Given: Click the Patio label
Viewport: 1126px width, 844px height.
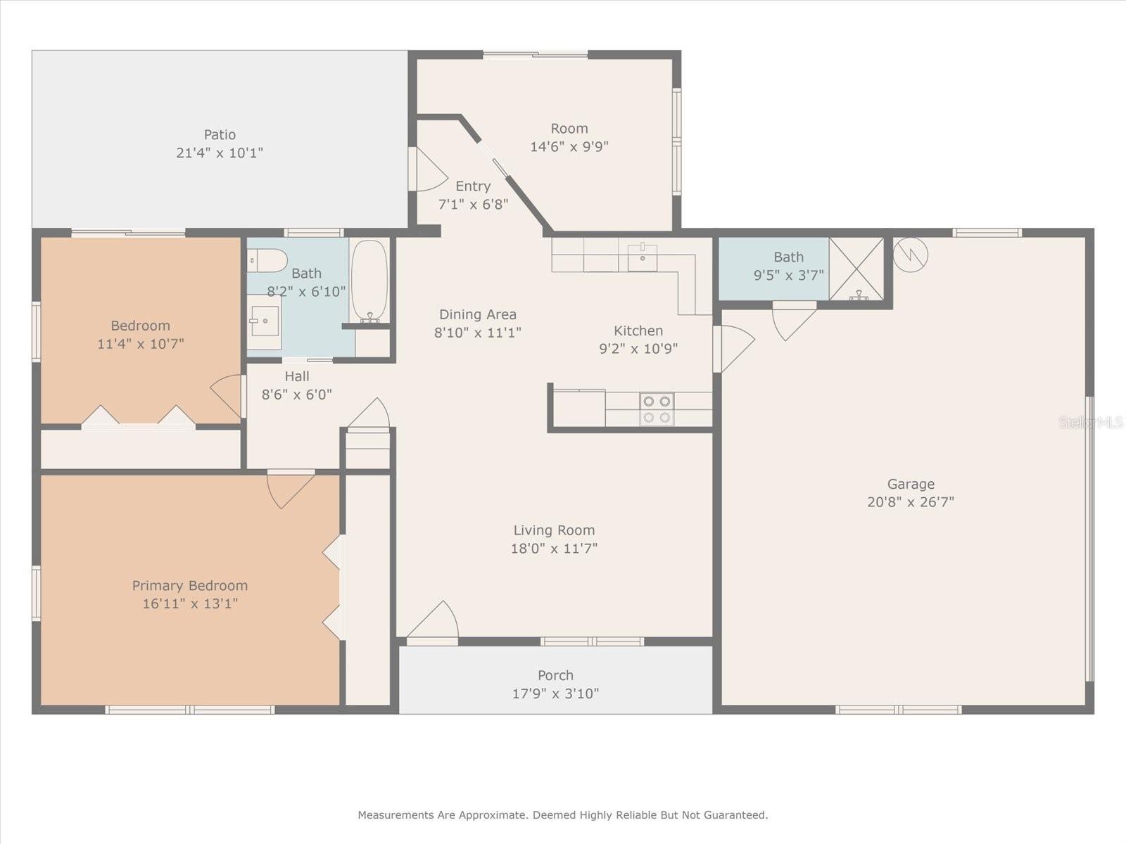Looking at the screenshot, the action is (220, 135).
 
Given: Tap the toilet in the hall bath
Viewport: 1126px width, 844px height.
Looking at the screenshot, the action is (267, 261).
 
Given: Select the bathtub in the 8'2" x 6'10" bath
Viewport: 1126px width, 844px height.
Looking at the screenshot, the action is (369, 281).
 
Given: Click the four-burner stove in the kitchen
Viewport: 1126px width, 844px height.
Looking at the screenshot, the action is (657, 409).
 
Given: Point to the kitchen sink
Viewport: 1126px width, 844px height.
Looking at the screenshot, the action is (643, 257).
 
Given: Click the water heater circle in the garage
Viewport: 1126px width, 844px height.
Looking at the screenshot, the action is (911, 255).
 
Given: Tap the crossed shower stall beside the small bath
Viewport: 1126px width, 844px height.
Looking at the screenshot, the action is (856, 269).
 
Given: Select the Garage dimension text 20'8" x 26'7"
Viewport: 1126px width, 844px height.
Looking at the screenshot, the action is (911, 501).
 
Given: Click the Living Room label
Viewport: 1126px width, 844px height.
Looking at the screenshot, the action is (554, 530).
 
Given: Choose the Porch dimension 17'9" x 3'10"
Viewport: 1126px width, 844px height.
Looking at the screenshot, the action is (555, 693).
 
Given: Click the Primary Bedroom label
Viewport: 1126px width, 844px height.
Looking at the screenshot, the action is (190, 585).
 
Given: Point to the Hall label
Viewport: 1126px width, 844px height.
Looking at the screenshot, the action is (297, 376).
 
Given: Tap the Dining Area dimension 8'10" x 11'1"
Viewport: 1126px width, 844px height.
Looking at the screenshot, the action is (478, 333).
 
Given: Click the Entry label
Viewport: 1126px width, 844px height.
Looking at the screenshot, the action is (473, 186).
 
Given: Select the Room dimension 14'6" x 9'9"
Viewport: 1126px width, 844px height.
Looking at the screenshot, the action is (569, 146).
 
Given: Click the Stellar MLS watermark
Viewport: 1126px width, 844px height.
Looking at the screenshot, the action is (1092, 422).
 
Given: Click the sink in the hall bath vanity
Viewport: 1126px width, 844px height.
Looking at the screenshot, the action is (265, 321).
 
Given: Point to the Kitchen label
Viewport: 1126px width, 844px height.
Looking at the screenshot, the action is (638, 331).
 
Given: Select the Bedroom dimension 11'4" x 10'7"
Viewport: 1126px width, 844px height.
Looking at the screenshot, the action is (141, 343).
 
